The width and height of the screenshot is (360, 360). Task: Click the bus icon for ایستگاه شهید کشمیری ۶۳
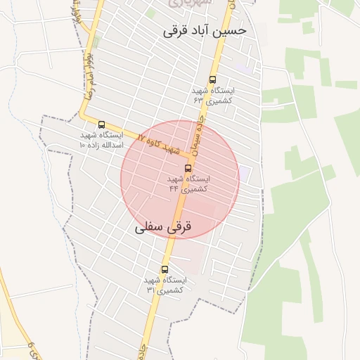(213, 80)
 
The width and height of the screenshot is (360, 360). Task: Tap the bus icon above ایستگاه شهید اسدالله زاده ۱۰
(102, 124)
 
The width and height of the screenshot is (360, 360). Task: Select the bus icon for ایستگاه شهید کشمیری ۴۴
(188, 168)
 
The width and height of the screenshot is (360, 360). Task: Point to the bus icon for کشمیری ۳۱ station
(165, 269)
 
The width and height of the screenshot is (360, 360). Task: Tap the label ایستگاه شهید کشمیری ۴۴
(189, 184)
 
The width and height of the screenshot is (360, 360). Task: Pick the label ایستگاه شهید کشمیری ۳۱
(165, 284)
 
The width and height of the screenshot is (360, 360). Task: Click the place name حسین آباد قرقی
(205, 31)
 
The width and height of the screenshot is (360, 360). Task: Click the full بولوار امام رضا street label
(87, 78)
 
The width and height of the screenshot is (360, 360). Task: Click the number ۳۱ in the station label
(150, 289)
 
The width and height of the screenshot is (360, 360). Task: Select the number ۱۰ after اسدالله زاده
(82, 144)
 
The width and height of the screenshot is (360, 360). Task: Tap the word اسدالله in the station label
(113, 144)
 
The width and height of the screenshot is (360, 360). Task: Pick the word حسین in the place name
(229, 31)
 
